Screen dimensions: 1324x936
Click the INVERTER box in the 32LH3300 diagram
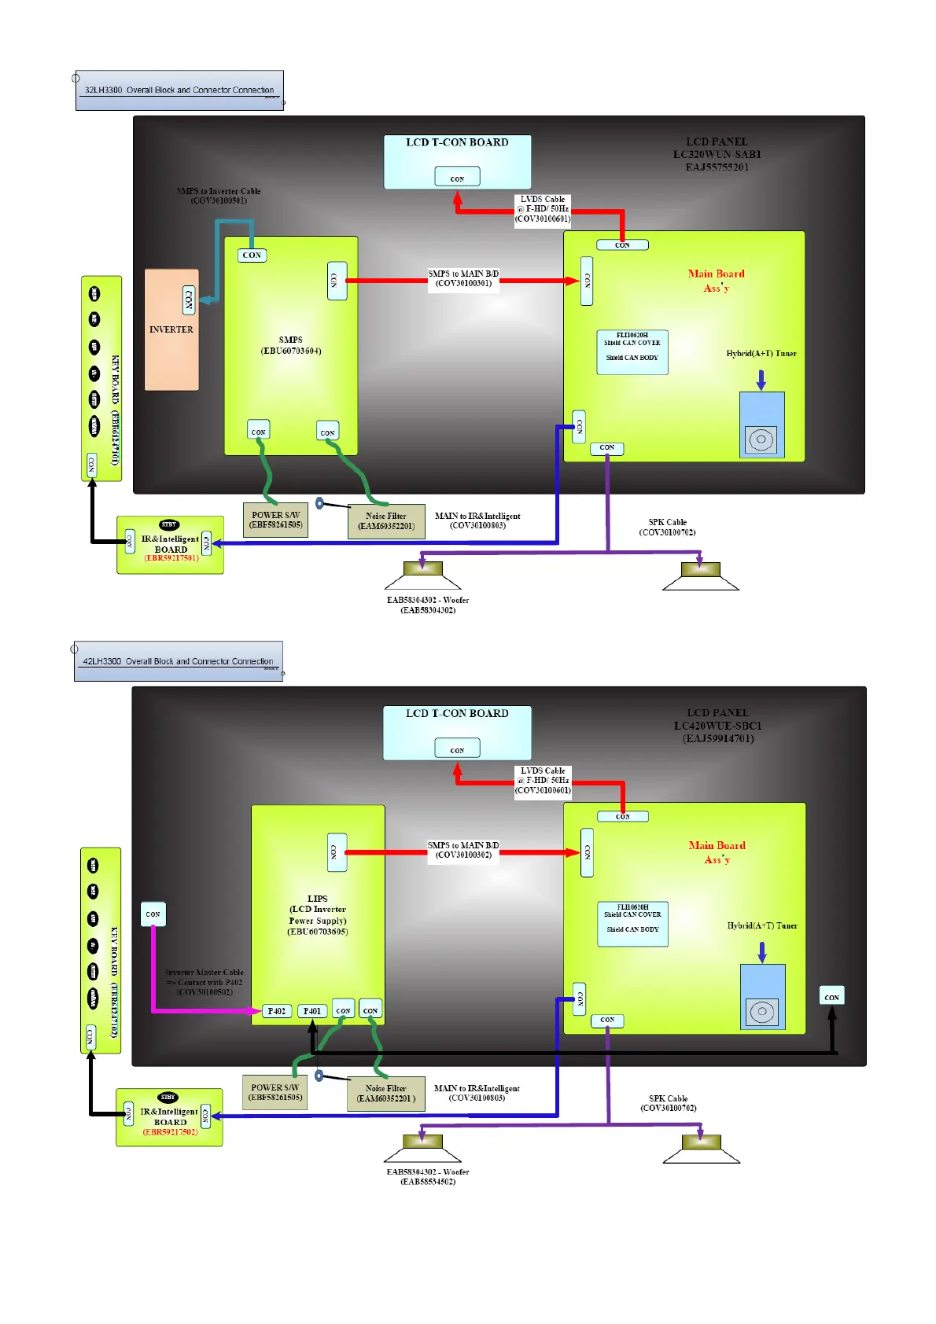coord(171,329)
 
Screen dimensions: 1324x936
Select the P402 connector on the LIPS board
coord(276,1011)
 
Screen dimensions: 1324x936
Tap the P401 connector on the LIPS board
coord(312,1011)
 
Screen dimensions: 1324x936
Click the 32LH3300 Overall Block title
coord(179,90)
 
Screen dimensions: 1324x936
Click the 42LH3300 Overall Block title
coord(179,661)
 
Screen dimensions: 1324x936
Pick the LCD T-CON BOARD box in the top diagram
coord(457,161)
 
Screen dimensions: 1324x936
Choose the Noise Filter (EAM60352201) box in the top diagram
coord(386,521)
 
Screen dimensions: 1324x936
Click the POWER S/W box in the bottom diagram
coord(275,1093)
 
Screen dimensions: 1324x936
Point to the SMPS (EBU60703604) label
coord(291,345)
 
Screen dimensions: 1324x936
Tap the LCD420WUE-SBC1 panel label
coord(718,726)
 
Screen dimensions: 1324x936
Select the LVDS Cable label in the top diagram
coord(543,209)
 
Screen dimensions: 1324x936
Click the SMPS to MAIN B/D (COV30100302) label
coord(463,850)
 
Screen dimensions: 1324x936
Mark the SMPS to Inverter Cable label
coord(219,196)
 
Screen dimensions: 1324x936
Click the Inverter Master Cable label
coord(205,982)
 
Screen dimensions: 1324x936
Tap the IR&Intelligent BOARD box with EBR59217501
coord(171,545)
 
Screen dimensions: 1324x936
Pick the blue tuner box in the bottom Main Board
coord(762,997)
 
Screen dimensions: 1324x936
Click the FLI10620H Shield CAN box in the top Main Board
coord(632,351)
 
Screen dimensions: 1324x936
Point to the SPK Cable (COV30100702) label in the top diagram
coord(667,527)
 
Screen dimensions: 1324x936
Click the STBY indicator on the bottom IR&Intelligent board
coord(168,1097)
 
